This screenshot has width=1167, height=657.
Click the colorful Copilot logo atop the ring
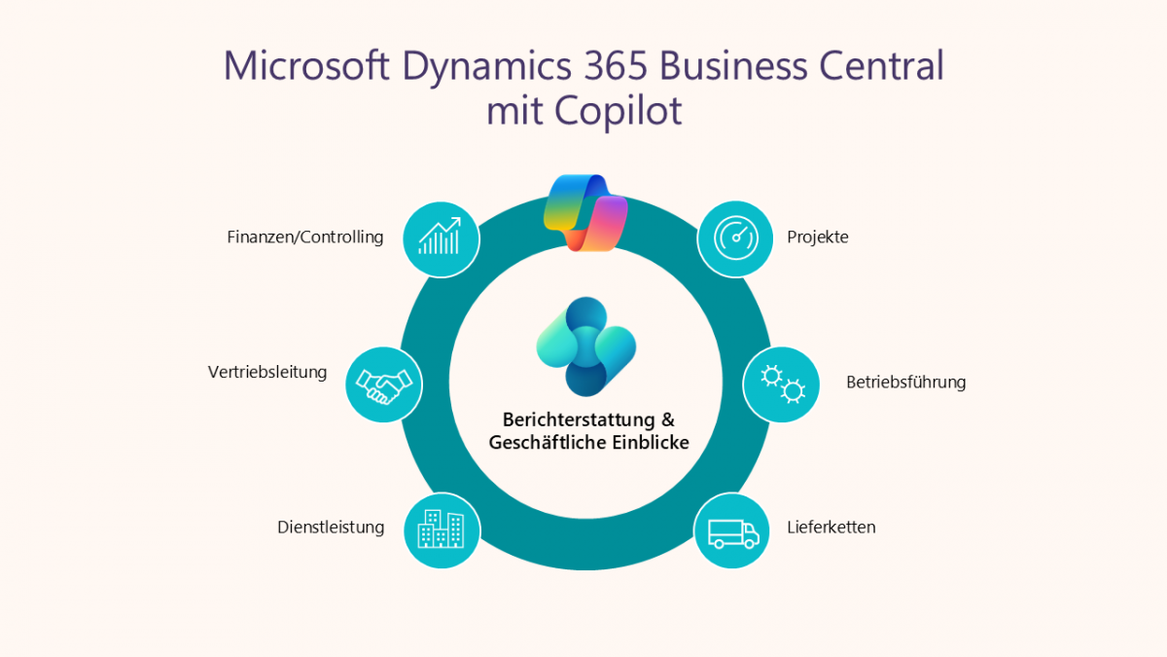pyautogui.click(x=585, y=212)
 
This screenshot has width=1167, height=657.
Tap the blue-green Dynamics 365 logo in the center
pyautogui.click(x=585, y=347)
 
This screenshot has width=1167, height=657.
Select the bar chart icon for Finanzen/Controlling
pyautogui.click(x=441, y=238)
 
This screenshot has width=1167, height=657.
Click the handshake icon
pyautogui.click(x=384, y=384)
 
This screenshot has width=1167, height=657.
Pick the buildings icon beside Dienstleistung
pyautogui.click(x=441, y=529)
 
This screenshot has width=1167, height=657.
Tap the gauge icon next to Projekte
pyautogui.click(x=735, y=238)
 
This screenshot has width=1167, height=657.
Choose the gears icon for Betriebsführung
pyautogui.click(x=781, y=383)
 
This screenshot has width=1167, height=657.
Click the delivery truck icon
pyautogui.click(x=731, y=530)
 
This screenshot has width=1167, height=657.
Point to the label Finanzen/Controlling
pyautogui.click(x=305, y=237)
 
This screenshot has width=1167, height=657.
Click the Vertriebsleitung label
pyautogui.click(x=267, y=372)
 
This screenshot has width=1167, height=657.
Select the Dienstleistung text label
pyautogui.click(x=331, y=528)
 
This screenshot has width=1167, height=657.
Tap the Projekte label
pyautogui.click(x=818, y=237)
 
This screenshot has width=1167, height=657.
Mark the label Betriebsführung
pyautogui.click(x=905, y=382)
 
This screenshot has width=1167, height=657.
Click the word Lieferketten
pyautogui.click(x=831, y=528)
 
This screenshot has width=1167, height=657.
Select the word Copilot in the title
pyautogui.click(x=619, y=110)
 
